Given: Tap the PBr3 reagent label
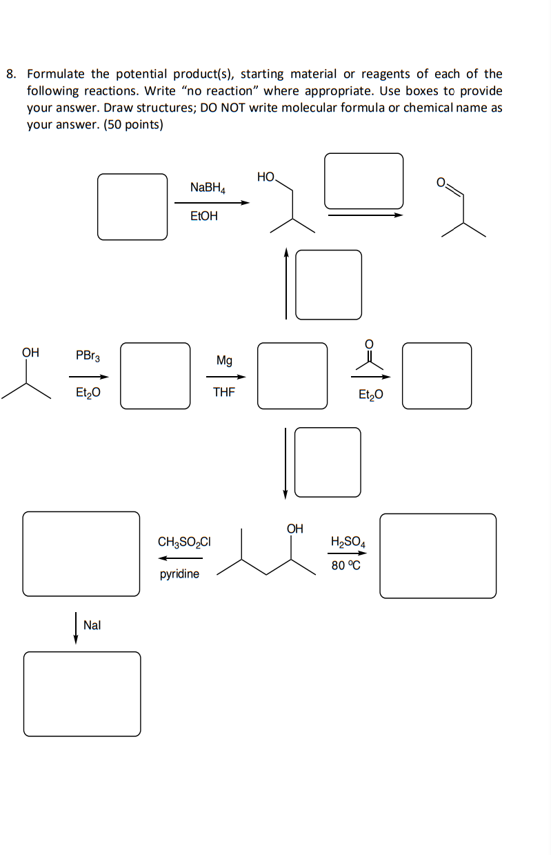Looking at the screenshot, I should [x=88, y=356].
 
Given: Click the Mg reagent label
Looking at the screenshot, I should [x=224, y=360].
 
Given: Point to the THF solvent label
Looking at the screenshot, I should [x=223, y=393].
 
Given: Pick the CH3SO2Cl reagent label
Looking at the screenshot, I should [x=184, y=542].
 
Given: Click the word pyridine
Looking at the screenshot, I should [x=179, y=573].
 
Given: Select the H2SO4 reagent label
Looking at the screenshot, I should [x=348, y=542].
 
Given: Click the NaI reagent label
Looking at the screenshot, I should [x=92, y=625].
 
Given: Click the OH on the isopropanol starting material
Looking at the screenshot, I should [x=30, y=353].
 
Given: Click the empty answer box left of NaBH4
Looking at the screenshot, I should [x=132, y=206].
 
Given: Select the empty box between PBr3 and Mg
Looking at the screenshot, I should [x=155, y=375].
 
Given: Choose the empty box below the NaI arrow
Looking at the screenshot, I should [x=82, y=694].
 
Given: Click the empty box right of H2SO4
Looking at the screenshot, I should [x=438, y=556].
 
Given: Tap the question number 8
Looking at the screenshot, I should [x=11, y=74].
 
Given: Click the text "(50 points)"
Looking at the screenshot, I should [x=134, y=126].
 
